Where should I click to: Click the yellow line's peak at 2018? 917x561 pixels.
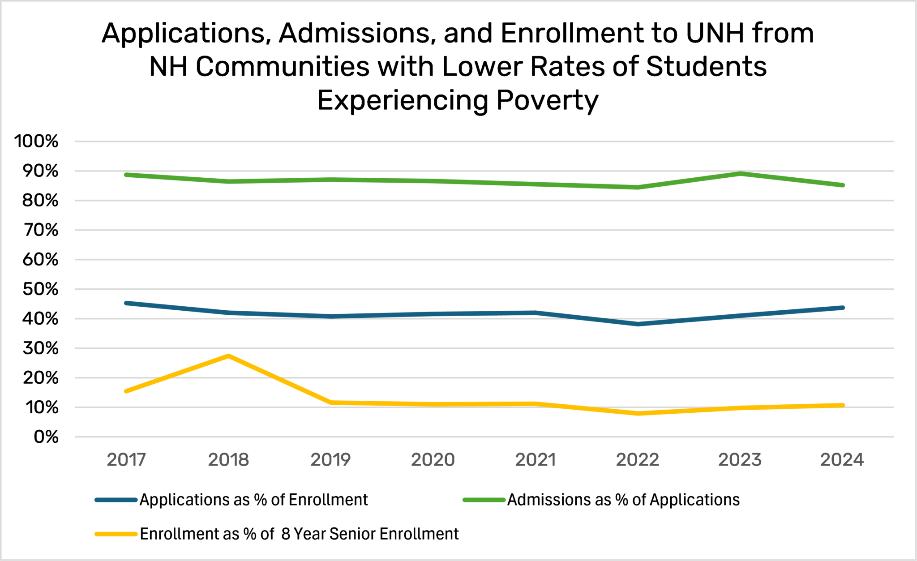228,356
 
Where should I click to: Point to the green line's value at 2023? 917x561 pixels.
740,173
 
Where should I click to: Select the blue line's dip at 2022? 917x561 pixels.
638,324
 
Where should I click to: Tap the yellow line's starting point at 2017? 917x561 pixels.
126,391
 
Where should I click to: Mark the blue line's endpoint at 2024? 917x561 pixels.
843,308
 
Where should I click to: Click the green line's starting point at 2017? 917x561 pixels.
126,175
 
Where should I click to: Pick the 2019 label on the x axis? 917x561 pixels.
330,460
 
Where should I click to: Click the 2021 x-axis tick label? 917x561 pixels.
535,460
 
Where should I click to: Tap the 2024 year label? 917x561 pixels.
842,460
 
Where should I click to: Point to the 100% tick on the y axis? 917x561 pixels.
36,141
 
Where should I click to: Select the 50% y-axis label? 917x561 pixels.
40,289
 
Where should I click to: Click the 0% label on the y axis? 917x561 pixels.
46,437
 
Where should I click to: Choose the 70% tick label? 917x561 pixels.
40,230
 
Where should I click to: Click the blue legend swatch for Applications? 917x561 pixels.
116,500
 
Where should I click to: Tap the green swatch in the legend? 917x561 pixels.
484,500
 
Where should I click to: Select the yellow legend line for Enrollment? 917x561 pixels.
116,534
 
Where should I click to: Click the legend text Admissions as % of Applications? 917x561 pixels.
623,500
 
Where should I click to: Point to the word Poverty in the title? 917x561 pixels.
547,100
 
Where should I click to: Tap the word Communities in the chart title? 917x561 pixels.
283,67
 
